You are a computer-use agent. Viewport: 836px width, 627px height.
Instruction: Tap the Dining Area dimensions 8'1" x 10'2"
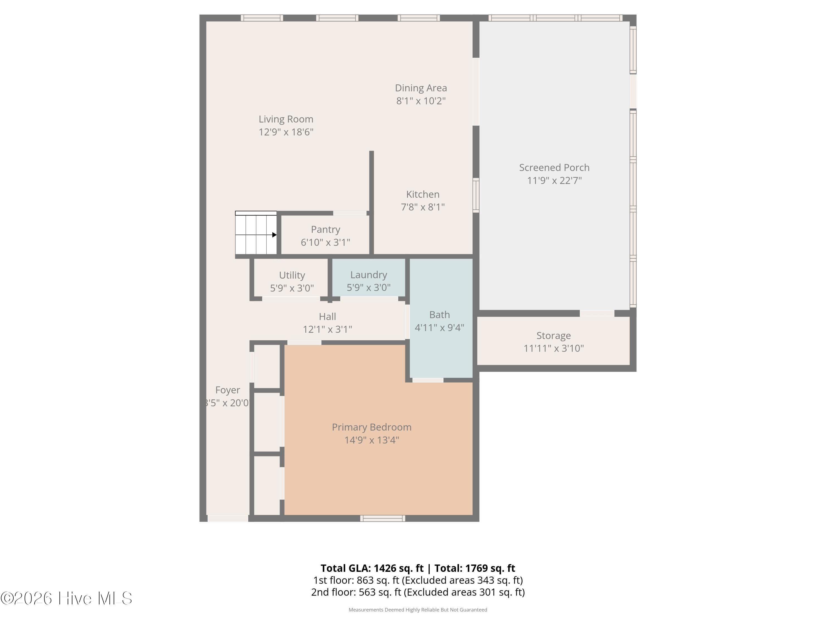421,101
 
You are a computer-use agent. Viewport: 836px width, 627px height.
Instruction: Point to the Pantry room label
325,229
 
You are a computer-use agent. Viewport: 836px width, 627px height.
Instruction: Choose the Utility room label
292,275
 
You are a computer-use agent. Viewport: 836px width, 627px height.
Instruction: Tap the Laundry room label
368,275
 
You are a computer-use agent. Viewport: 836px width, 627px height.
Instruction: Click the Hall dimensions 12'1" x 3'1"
327,329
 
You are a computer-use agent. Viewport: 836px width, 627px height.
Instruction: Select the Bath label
439,315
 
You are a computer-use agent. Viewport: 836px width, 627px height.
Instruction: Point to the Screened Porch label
554,167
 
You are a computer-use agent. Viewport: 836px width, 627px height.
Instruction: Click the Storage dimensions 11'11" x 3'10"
554,348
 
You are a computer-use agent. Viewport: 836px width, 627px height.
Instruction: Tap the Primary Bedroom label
371,427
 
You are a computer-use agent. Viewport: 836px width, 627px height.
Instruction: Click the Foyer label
227,390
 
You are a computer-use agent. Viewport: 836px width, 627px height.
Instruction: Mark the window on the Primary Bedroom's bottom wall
383,518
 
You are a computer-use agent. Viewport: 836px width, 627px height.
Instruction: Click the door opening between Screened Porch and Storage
597,313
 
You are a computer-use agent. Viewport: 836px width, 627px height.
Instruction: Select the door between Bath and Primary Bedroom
427,380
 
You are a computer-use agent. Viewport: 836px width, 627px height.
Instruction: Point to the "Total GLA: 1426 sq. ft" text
372,568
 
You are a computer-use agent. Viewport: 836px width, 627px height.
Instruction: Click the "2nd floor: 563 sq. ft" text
356,592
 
